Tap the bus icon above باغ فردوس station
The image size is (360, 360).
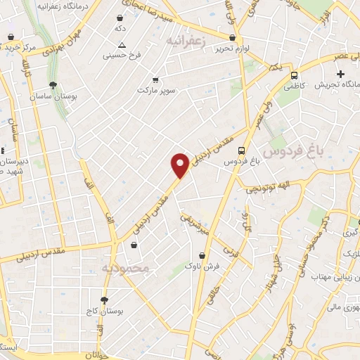[x=241, y=150]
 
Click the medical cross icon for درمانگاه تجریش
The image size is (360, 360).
[x=341, y=74]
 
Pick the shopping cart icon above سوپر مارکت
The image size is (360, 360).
[x=155, y=79]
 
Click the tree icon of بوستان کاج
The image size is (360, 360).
[x=104, y=300]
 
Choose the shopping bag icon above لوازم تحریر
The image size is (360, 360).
[x=233, y=38]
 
